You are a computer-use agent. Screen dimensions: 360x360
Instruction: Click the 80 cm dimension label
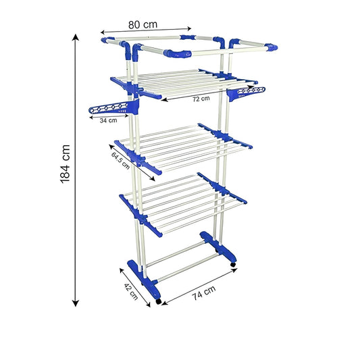(143, 24)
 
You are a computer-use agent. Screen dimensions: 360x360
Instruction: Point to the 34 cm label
(108, 121)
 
